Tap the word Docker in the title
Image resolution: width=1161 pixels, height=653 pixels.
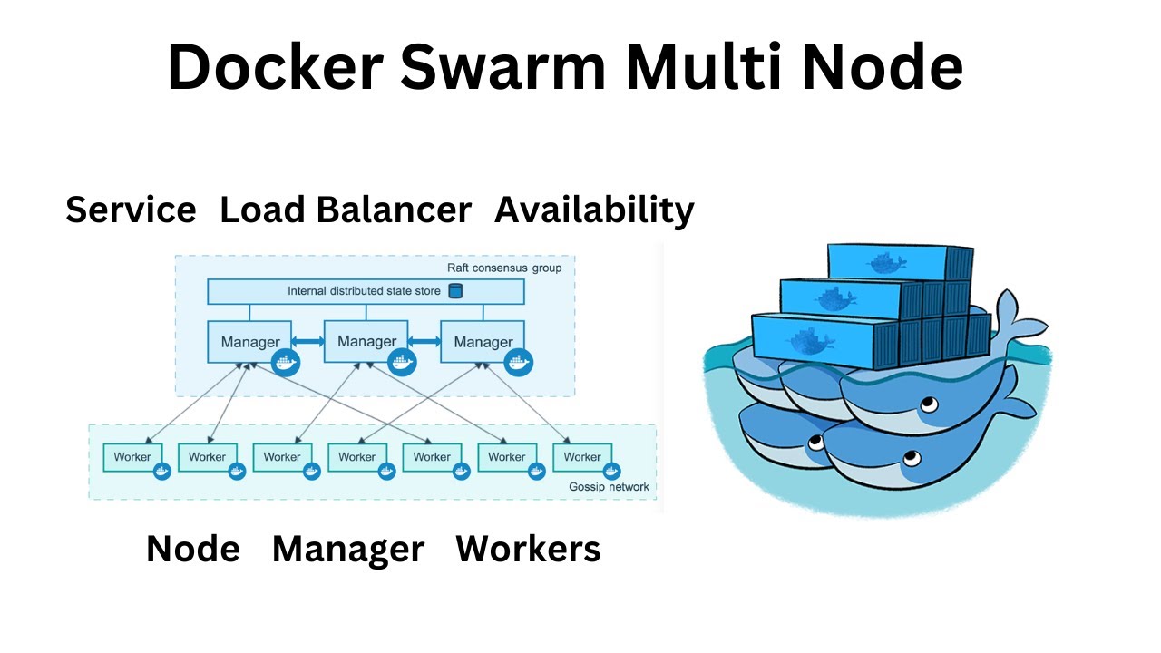[275, 67]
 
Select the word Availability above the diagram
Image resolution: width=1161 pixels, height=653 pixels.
[594, 210]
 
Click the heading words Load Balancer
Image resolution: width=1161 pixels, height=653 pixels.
[346, 210]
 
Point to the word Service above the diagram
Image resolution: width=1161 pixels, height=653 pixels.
[131, 210]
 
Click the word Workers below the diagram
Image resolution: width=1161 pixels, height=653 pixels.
[528, 549]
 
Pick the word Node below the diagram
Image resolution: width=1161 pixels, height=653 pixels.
[193, 549]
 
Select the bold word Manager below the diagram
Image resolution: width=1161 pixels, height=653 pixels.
[348, 549]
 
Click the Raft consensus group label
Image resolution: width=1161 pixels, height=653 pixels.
[504, 268]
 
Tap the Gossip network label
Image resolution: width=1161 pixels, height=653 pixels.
[609, 487]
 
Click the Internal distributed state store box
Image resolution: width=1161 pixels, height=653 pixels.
[366, 291]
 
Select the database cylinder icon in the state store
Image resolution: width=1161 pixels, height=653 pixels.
[455, 291]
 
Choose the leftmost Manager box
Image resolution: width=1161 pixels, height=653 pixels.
[249, 342]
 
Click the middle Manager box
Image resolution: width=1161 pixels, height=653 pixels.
[366, 341]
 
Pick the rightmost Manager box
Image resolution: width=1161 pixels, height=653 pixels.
[483, 342]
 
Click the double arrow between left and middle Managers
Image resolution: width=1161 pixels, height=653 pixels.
[308, 341]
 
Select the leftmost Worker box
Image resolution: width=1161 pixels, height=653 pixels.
[132, 457]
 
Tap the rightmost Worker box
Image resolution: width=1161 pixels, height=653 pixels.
[582, 457]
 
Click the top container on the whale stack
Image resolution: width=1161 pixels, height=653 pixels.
[898, 263]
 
